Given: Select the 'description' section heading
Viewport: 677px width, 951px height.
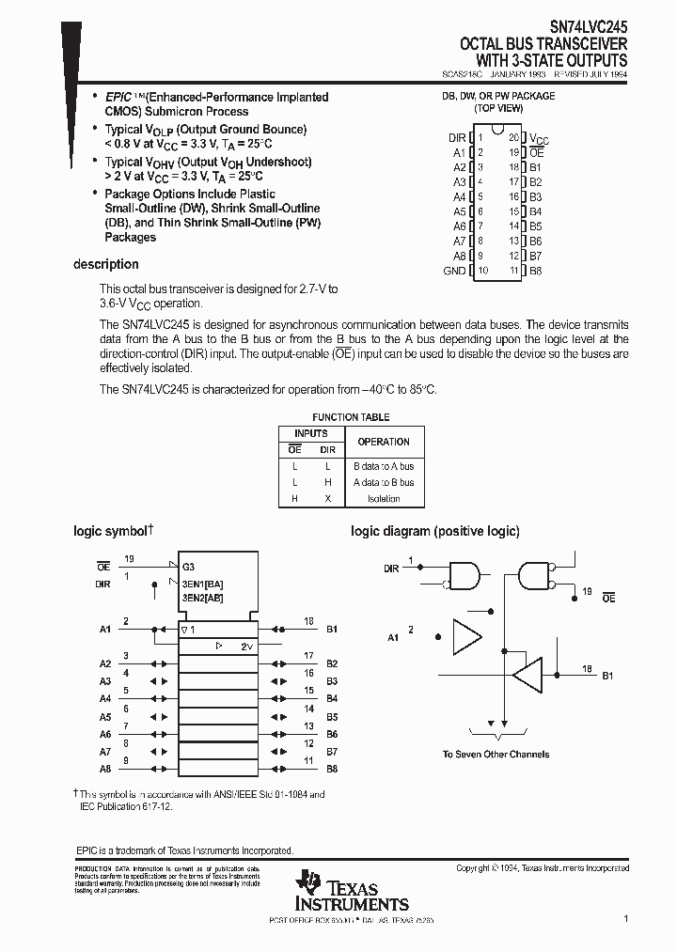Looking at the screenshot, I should click(x=106, y=264).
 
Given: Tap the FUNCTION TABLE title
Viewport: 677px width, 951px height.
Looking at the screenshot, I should click(x=351, y=417).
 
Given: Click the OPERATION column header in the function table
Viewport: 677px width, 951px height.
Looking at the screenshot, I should click(x=384, y=441).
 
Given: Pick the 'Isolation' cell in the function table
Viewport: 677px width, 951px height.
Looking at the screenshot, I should click(x=383, y=498).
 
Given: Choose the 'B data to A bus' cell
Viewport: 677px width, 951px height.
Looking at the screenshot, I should click(x=383, y=466).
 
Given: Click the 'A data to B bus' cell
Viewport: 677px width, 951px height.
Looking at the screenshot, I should click(x=383, y=482).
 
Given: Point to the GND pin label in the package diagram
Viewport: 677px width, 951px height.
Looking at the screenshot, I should click(x=454, y=271).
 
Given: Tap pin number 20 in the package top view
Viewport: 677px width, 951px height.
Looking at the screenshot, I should click(x=513, y=137).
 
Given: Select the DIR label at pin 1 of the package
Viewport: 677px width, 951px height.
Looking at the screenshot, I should click(x=457, y=137).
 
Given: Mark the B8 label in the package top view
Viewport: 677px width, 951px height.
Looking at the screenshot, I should click(x=535, y=271).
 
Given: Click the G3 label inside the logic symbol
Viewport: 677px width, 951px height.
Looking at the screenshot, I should click(x=189, y=567).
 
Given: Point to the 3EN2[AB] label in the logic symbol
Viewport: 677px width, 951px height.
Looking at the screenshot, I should click(x=202, y=597).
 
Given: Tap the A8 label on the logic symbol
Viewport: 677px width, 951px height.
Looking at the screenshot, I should click(x=105, y=769).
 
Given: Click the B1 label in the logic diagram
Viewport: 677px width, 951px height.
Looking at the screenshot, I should click(x=607, y=676).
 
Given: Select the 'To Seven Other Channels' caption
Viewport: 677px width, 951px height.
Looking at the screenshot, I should click(x=496, y=754).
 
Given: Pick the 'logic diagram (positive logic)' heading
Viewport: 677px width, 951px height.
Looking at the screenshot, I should click(x=434, y=531).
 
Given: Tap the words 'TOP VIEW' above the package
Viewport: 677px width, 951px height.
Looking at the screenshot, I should click(x=498, y=108).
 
